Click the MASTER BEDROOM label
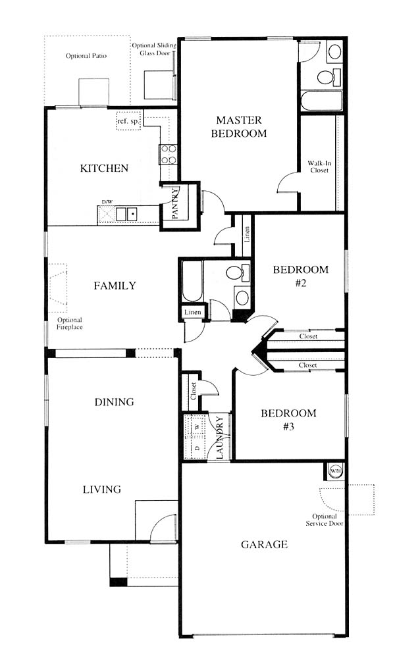click(239, 127)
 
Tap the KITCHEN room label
click(104, 168)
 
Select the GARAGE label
click(264, 544)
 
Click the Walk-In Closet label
click(319, 166)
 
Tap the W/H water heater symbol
click(336, 471)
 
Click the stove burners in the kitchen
click(168, 154)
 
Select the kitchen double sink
click(127, 214)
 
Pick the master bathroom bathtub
click(321, 101)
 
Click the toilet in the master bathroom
click(329, 77)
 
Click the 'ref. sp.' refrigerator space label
click(128, 122)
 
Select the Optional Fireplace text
click(70, 324)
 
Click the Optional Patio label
click(86, 56)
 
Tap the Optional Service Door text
click(325, 520)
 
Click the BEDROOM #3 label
click(289, 420)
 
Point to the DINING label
click(115, 402)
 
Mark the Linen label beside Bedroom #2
click(247, 235)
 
